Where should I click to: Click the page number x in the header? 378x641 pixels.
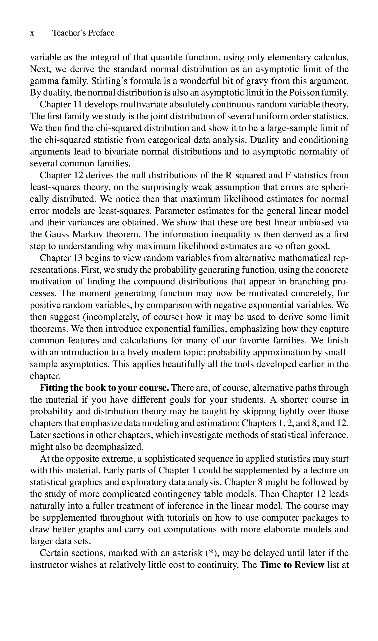tap(32, 33)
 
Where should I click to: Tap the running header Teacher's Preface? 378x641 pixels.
tap(83, 33)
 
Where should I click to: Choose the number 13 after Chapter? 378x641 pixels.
tap(77, 258)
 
